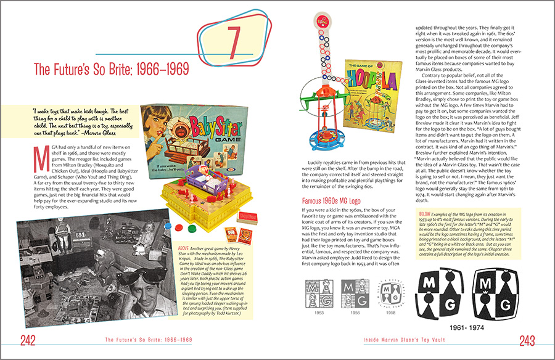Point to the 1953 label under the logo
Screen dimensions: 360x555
318,313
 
